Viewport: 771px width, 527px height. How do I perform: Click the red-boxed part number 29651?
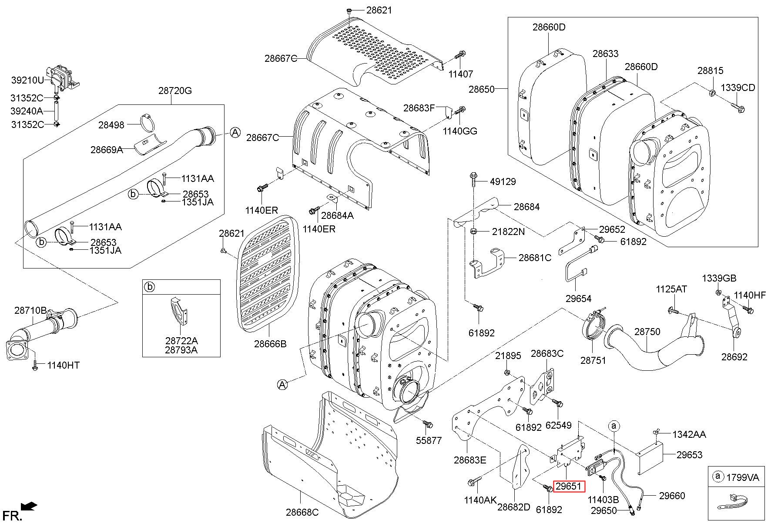[569, 486]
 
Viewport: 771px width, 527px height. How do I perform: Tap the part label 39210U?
[28, 80]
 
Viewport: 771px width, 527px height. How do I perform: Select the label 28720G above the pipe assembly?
[175, 91]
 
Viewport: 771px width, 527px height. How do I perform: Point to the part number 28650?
[482, 89]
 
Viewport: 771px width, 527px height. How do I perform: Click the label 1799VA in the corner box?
[742, 477]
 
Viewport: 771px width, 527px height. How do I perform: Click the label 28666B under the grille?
[270, 344]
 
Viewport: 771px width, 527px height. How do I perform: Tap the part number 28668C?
[302, 512]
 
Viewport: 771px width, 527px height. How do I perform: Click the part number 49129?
[503, 181]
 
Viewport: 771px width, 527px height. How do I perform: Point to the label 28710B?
[30, 311]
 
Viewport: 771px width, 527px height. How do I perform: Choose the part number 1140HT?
[64, 365]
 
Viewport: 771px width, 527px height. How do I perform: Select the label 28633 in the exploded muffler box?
[605, 54]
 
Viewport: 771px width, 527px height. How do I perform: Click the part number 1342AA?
[689, 434]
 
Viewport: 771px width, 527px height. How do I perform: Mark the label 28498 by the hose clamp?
[111, 125]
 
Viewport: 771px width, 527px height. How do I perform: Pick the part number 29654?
[578, 299]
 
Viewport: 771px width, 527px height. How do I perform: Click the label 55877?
[429, 440]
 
